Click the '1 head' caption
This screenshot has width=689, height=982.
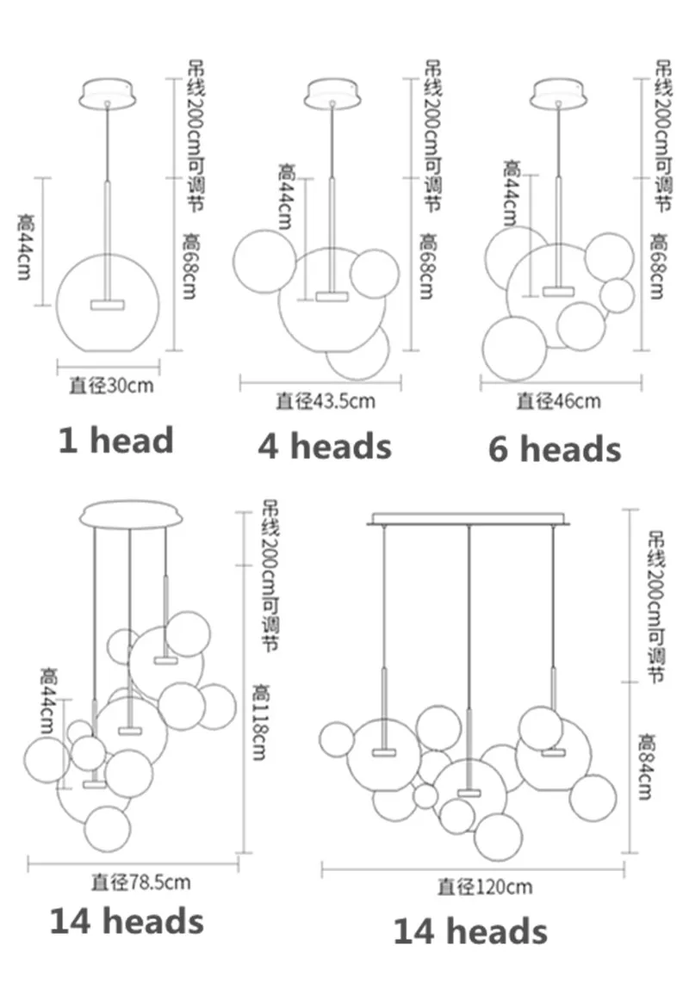tap(116, 440)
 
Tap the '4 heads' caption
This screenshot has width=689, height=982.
tap(325, 446)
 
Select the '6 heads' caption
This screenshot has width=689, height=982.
tap(555, 449)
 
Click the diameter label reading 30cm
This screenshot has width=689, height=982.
tap(111, 386)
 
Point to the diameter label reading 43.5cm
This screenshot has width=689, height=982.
tap(326, 400)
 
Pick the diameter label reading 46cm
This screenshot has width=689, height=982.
tap(559, 401)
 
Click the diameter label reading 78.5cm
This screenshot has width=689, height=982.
tap(140, 882)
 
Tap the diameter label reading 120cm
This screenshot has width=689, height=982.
tap(485, 886)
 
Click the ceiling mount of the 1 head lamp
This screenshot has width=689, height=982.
tap(107, 93)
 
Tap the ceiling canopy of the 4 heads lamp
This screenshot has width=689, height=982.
tap(332, 93)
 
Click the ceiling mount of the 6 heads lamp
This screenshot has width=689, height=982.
tap(558, 93)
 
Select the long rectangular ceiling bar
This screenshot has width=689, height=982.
tap(469, 519)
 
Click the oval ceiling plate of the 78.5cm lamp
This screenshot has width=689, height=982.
tap(132, 515)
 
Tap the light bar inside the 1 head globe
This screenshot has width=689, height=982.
tap(107, 305)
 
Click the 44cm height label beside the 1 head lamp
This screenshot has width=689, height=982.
tap(26, 246)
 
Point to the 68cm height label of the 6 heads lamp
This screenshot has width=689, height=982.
tap(658, 266)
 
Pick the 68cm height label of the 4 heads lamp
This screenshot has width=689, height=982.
tap(428, 266)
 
